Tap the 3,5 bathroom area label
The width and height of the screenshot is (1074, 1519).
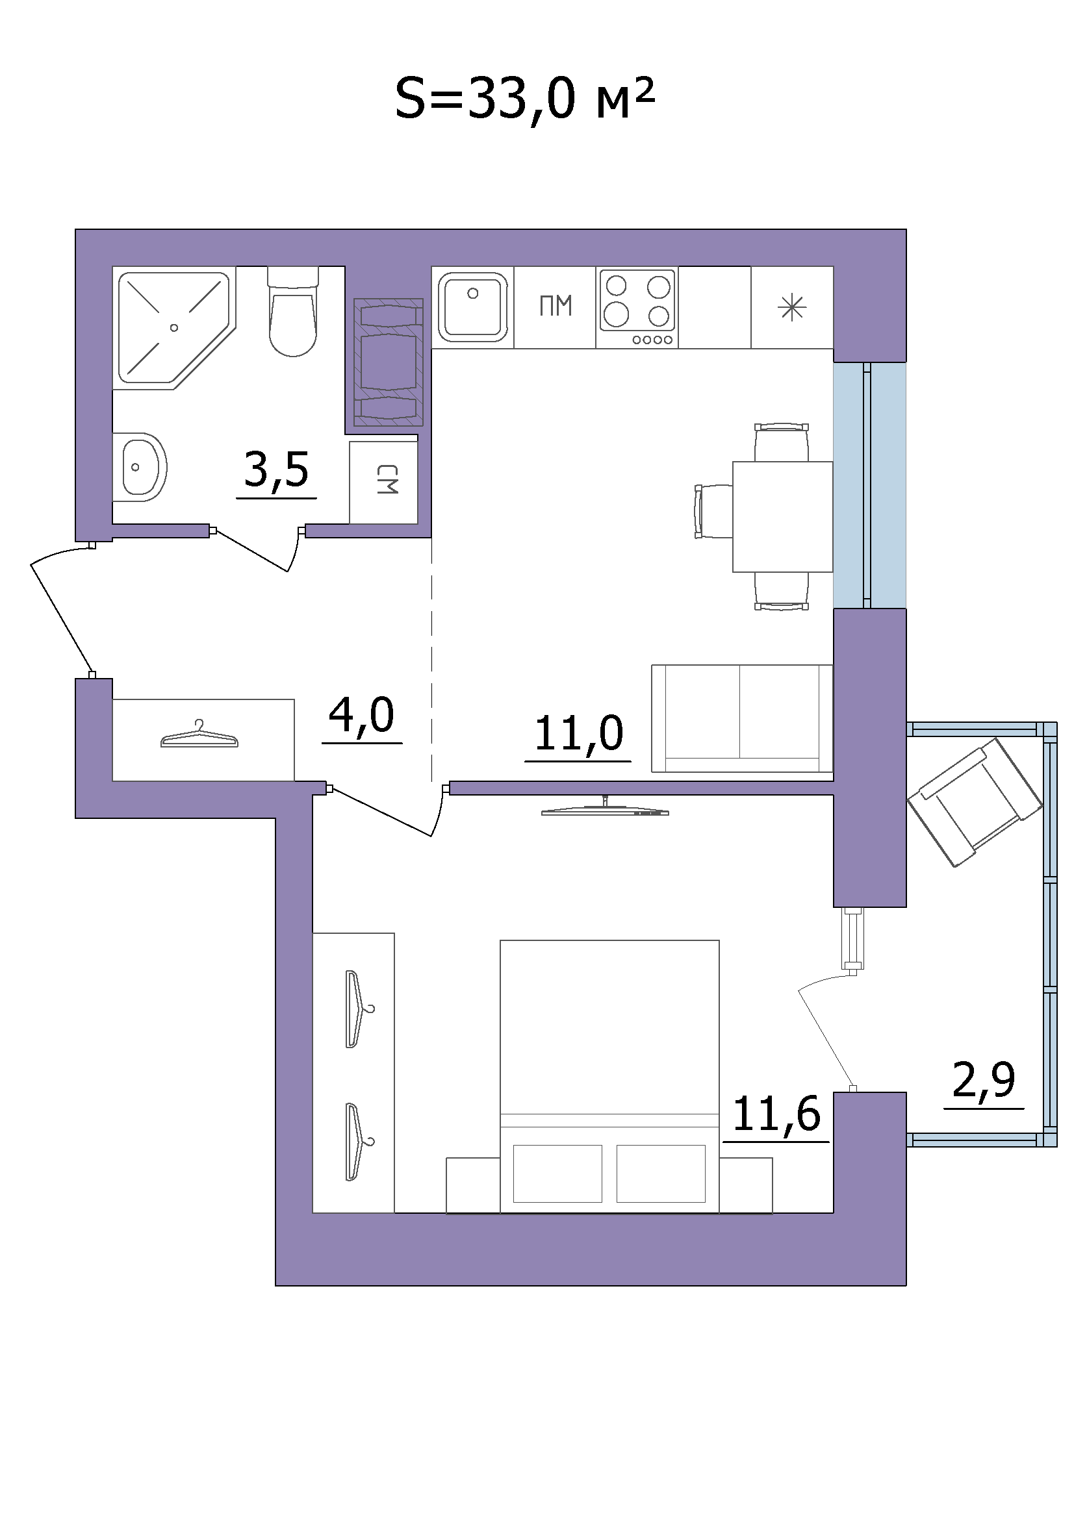pos(277,469)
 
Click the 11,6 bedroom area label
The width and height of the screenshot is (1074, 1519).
pos(776,1114)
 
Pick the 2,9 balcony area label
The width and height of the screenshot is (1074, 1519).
pos(983,1080)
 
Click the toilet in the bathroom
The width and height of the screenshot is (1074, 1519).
pos(293,311)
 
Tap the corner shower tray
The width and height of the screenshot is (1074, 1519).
pos(175,328)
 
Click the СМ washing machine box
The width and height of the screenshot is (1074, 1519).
pos(384,483)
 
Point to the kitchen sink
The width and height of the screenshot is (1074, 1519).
pos(472,307)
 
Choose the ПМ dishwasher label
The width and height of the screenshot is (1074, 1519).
pos(556,307)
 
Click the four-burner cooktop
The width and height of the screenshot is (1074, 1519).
pos(638,307)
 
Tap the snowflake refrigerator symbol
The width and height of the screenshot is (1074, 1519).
pos(792,308)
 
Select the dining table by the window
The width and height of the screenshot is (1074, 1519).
pos(782,517)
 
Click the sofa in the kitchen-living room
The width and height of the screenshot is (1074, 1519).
pos(743,718)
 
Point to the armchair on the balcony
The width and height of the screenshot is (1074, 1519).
pos(975,803)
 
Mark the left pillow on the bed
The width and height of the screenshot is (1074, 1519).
pos(557,1174)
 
